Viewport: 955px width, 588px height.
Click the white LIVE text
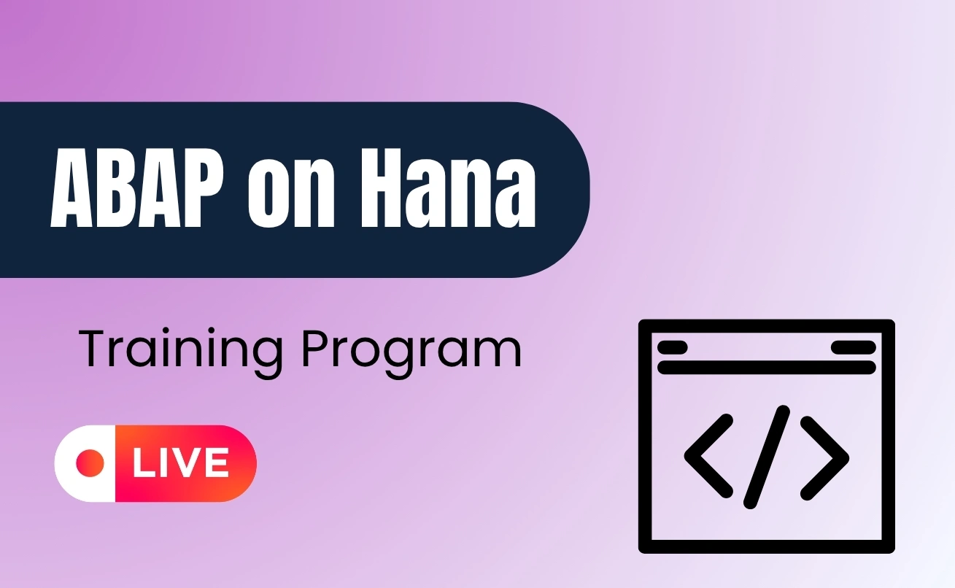179,463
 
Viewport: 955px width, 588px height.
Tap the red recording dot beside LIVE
90,463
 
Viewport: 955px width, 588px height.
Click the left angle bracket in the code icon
708,457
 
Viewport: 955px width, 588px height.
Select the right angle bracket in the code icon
825,457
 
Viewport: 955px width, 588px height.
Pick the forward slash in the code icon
767,457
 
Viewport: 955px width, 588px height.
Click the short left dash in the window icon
672,347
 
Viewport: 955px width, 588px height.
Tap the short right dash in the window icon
853,347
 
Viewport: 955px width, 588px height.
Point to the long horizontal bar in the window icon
766,367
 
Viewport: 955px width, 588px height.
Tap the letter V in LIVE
187,463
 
